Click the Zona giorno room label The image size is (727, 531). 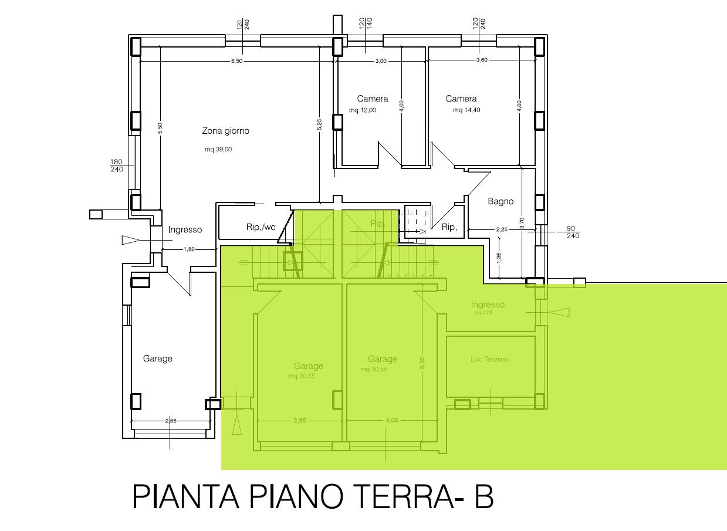click(225, 131)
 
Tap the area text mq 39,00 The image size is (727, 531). click(218, 150)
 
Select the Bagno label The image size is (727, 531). click(501, 201)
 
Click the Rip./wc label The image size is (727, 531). click(261, 227)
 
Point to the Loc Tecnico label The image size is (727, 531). click(489, 359)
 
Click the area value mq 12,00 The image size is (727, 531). click(362, 110)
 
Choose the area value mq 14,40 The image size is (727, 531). click(466, 110)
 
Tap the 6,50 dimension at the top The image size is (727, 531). click(236, 62)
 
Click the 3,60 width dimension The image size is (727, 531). click(481, 61)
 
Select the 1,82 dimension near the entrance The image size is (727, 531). click(189, 249)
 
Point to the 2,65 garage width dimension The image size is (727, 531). click(171, 421)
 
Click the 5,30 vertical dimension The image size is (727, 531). click(422, 363)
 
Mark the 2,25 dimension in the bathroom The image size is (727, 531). click(502, 229)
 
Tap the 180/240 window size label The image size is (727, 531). click(117, 165)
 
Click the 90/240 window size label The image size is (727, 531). click(573, 232)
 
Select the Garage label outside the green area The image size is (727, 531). click(158, 358)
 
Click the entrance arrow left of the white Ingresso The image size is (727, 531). click(130, 239)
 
